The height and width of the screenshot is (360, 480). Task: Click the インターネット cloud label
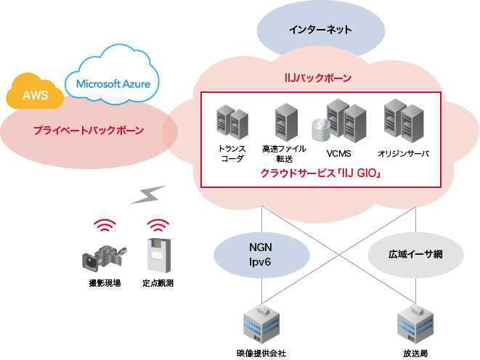pos(320,30)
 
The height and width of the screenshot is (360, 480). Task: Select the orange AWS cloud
pos(34,95)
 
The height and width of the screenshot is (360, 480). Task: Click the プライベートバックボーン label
pos(88,131)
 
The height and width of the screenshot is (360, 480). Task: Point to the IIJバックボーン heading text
pos(317,78)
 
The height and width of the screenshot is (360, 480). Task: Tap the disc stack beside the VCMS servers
pos(320,131)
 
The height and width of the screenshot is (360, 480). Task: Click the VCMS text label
pos(338,154)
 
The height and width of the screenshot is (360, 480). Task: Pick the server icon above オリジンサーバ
pos(403,120)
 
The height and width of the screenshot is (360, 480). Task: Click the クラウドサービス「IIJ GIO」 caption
pos(320,173)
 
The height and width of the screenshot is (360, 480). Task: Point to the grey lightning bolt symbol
pos(149,195)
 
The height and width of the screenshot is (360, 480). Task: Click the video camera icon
pos(104,255)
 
